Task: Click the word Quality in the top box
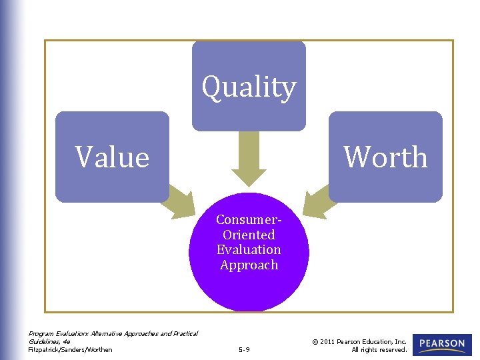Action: (249, 87)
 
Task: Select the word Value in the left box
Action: (112, 157)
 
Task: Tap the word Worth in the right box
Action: (385, 157)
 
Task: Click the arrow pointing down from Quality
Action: (249, 160)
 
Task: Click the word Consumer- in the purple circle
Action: (249, 220)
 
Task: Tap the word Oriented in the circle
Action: (249, 235)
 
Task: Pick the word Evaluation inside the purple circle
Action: (249, 249)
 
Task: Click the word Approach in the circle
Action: (249, 265)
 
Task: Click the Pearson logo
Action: (442, 345)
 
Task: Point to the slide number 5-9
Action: (243, 349)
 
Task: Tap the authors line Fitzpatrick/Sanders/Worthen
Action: (70, 349)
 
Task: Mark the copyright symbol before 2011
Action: (315, 341)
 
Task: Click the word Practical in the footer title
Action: (183, 333)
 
